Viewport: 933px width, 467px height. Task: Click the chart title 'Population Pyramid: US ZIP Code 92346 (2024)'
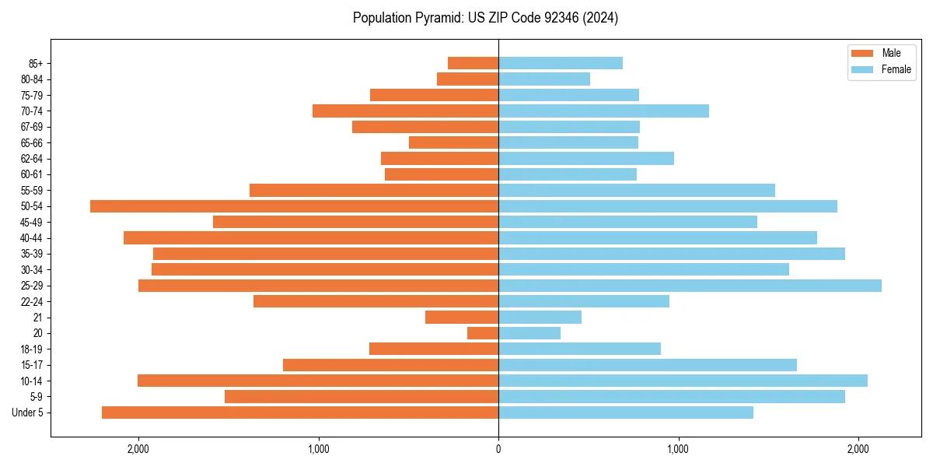pyautogui.click(x=485, y=18)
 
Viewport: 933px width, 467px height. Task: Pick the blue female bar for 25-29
pyautogui.click(x=690, y=286)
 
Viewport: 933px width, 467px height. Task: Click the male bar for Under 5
pyautogui.click(x=300, y=413)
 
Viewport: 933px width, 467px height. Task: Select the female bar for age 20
pyautogui.click(x=529, y=333)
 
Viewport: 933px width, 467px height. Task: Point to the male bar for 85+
pyautogui.click(x=473, y=63)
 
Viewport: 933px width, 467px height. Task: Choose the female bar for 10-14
pyautogui.click(x=683, y=381)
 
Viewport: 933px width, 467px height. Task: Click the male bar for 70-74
pyautogui.click(x=405, y=111)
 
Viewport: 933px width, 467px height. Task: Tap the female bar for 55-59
pyautogui.click(x=637, y=190)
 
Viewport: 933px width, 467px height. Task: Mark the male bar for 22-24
pyautogui.click(x=376, y=301)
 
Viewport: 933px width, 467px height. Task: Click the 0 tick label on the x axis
pyautogui.click(x=498, y=449)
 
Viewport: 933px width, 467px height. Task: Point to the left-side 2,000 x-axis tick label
pyautogui.click(x=138, y=449)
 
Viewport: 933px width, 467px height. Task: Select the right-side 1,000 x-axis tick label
pyautogui.click(x=678, y=449)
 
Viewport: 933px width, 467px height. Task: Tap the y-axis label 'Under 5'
pyautogui.click(x=27, y=413)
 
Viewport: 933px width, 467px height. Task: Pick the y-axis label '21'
pyautogui.click(x=37, y=318)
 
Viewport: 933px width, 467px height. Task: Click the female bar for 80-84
pyautogui.click(x=544, y=79)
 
